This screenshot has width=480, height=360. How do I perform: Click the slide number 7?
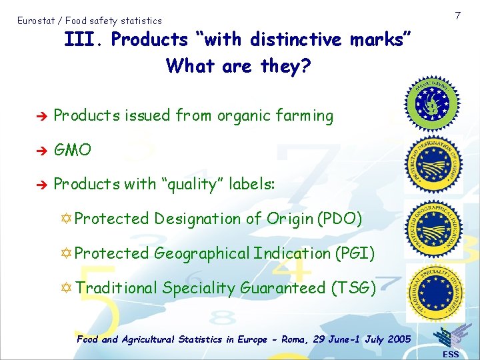click(x=458, y=15)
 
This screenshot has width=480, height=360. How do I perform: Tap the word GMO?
click(x=72, y=150)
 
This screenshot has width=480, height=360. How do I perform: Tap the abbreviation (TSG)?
click(x=353, y=288)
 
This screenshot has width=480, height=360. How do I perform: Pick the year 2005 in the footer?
click(x=398, y=339)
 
